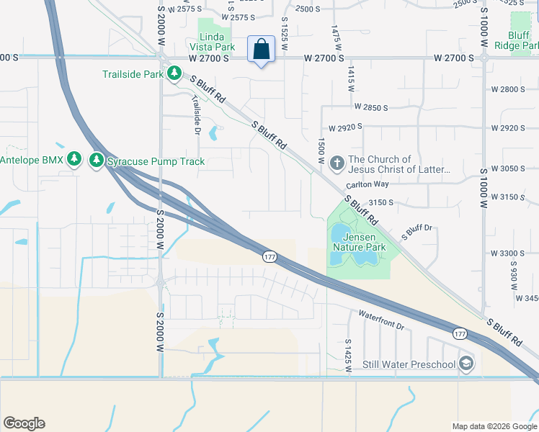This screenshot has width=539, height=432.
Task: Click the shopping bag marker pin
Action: click(261, 50)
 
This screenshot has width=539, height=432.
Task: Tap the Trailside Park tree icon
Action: click(174, 73)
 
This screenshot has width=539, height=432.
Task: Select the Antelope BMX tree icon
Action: click(73, 158)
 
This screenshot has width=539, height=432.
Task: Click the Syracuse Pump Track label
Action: click(156, 161)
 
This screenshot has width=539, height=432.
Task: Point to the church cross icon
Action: click(337, 164)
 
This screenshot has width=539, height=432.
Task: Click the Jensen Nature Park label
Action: click(359, 242)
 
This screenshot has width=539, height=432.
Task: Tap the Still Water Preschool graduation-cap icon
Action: click(466, 364)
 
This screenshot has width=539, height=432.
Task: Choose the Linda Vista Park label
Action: click(217, 42)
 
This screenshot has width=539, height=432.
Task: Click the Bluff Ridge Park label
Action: click(517, 40)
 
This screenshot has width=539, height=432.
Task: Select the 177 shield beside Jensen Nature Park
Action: click(269, 257)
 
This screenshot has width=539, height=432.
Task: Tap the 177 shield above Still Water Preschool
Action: click(459, 333)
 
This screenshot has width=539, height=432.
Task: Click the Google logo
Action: click(24, 423)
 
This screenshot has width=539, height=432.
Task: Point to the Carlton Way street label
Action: click(369, 184)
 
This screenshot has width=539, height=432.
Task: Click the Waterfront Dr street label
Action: click(381, 320)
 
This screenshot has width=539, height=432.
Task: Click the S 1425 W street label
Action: click(348, 355)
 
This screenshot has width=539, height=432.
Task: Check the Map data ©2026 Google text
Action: click(494, 426)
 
